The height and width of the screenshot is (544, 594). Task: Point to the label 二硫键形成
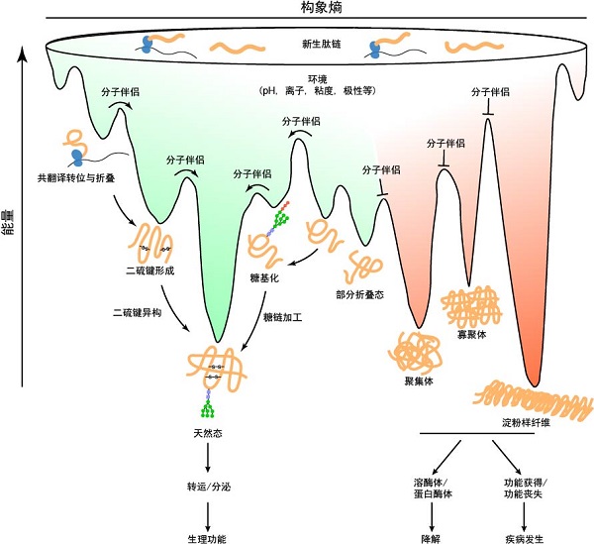(x=150, y=270)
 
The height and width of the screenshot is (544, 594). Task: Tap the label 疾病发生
(x=525, y=538)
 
